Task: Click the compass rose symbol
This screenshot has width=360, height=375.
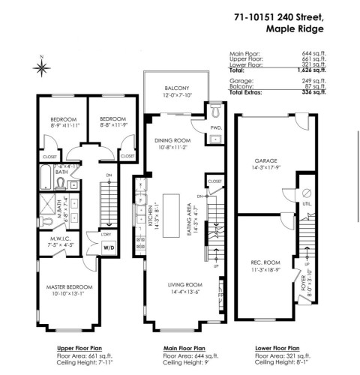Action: tap(41, 67)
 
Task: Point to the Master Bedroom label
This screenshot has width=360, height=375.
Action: tap(72, 287)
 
